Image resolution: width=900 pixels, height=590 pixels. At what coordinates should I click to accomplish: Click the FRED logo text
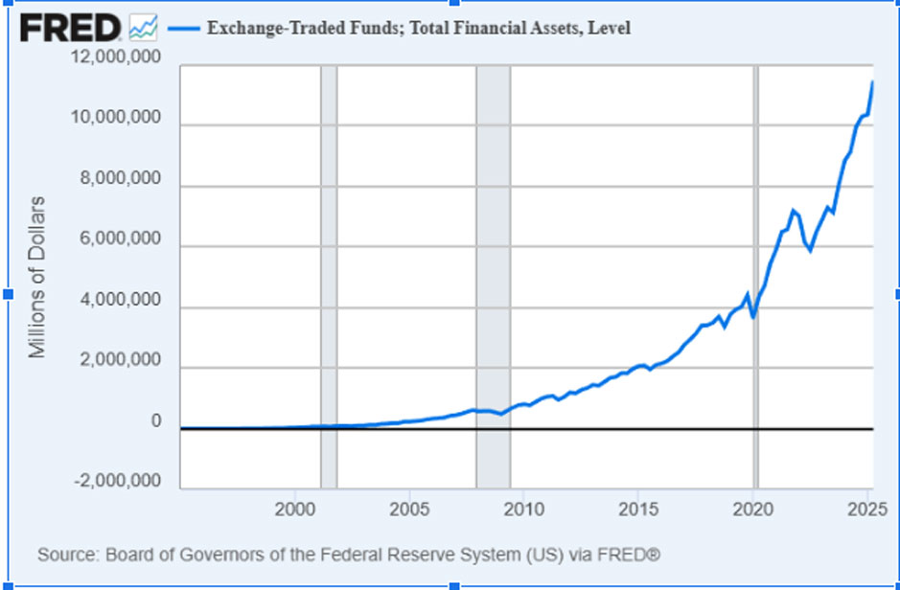pyautogui.click(x=70, y=28)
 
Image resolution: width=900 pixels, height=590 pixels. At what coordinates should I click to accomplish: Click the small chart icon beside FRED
pyautogui.click(x=143, y=28)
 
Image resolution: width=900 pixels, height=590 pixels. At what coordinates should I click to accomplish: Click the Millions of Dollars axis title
pyautogui.click(x=37, y=277)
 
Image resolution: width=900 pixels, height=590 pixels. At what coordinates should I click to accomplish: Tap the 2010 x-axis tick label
pyautogui.click(x=523, y=508)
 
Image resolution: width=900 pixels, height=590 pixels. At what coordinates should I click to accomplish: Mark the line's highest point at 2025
pyautogui.click(x=872, y=82)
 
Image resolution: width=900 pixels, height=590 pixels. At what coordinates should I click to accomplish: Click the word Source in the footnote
pyautogui.click(x=61, y=555)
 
